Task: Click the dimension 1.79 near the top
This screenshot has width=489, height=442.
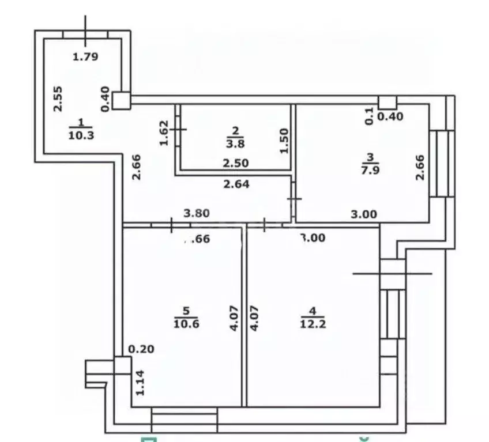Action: click(x=85, y=56)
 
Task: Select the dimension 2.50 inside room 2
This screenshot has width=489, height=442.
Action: click(x=235, y=164)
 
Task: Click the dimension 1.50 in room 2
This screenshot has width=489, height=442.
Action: click(x=283, y=141)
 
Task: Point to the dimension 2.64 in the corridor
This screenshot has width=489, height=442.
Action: click(x=235, y=185)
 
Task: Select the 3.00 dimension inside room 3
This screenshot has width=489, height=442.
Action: click(x=364, y=214)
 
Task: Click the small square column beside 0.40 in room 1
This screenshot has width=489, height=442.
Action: click(x=121, y=100)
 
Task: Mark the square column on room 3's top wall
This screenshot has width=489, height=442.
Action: click(x=388, y=103)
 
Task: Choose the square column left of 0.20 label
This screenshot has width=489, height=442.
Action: click(x=122, y=365)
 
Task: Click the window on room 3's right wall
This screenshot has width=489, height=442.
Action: click(x=442, y=164)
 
